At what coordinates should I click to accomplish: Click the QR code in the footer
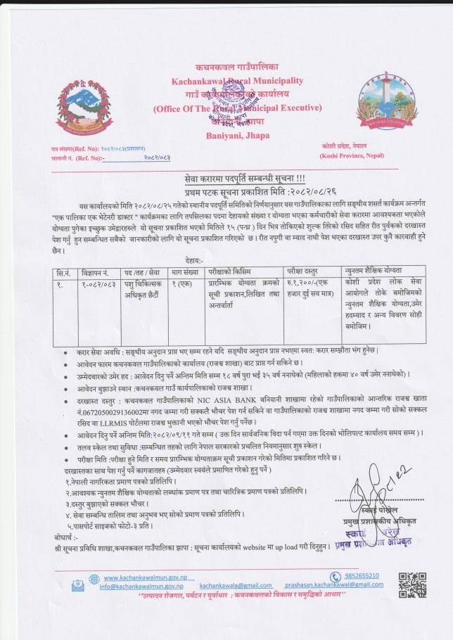point(412,584)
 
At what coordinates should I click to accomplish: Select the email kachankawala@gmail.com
point(236,585)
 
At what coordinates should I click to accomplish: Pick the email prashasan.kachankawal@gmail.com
point(334,585)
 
